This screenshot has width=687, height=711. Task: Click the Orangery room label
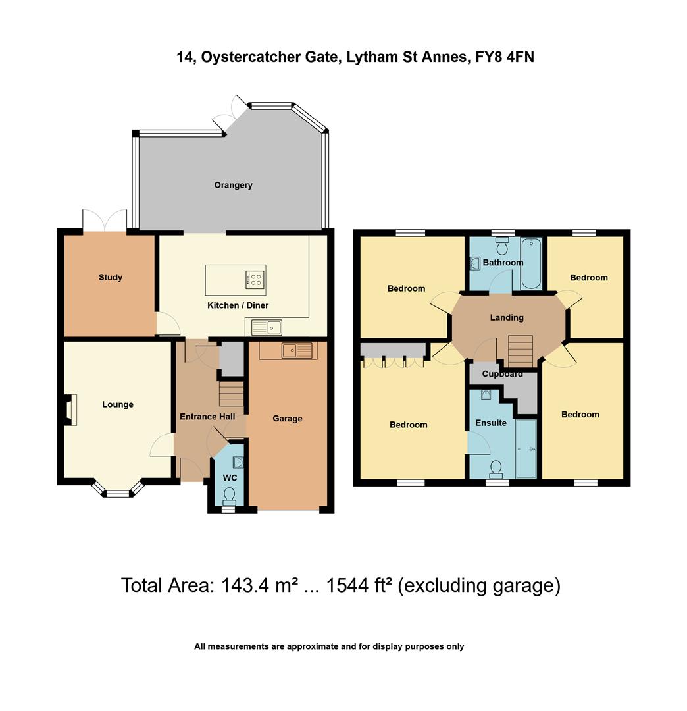pos(233,185)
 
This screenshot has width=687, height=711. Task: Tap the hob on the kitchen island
pos(255,279)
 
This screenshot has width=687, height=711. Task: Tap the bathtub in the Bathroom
pos(530,264)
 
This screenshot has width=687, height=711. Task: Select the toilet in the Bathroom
pos(503,246)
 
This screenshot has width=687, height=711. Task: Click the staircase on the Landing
pos(520,351)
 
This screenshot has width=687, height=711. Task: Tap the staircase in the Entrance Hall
pos(231,395)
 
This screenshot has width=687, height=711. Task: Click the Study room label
pos(111,277)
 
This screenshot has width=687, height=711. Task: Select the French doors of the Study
pos(105,221)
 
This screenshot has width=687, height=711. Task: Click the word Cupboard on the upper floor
pos(502,374)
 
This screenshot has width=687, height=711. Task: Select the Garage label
pos(288,418)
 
